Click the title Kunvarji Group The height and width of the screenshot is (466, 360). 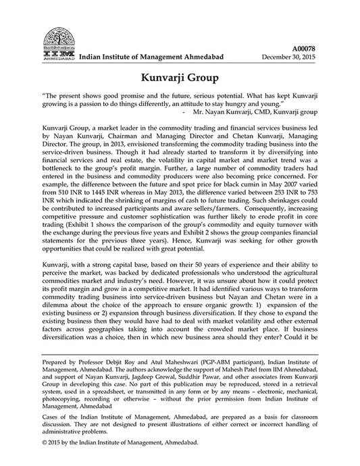180,78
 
